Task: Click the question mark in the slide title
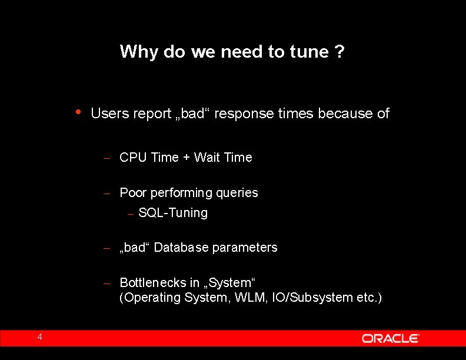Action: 339,52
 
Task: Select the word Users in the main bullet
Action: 110,114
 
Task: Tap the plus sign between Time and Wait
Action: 186,158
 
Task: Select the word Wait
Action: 207,158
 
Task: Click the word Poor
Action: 133,193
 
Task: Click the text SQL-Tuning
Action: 173,213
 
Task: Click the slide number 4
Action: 39,337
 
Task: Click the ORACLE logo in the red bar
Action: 390,338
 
